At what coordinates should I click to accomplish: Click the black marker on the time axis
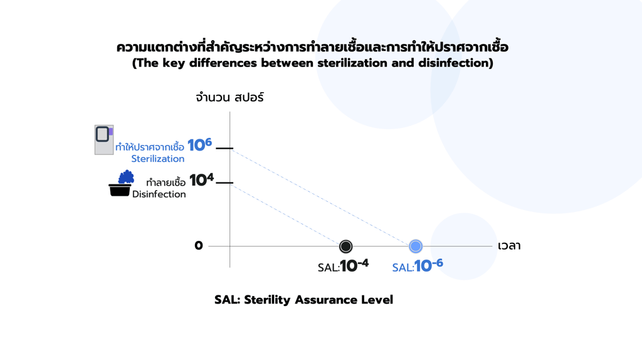click(345, 246)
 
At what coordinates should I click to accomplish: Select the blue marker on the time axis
click(416, 246)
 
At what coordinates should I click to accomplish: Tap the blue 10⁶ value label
click(199, 145)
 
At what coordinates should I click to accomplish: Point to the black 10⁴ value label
click(201, 180)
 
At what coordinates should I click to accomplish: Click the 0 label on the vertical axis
click(199, 245)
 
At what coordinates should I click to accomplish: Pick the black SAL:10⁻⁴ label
click(343, 266)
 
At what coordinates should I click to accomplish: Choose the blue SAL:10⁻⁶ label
click(418, 266)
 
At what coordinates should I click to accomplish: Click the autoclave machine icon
click(104, 140)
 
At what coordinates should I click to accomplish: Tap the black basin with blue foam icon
click(121, 183)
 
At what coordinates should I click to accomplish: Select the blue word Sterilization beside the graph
click(157, 159)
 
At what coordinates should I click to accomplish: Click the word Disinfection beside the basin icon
click(159, 194)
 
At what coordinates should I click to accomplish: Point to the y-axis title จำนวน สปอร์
click(229, 97)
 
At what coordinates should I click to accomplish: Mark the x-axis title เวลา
click(509, 246)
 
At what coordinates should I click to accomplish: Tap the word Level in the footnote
click(377, 300)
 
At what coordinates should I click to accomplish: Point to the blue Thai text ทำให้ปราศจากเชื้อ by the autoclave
click(149, 146)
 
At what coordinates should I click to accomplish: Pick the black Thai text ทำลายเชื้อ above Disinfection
click(166, 183)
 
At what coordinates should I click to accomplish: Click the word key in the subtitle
click(174, 63)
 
